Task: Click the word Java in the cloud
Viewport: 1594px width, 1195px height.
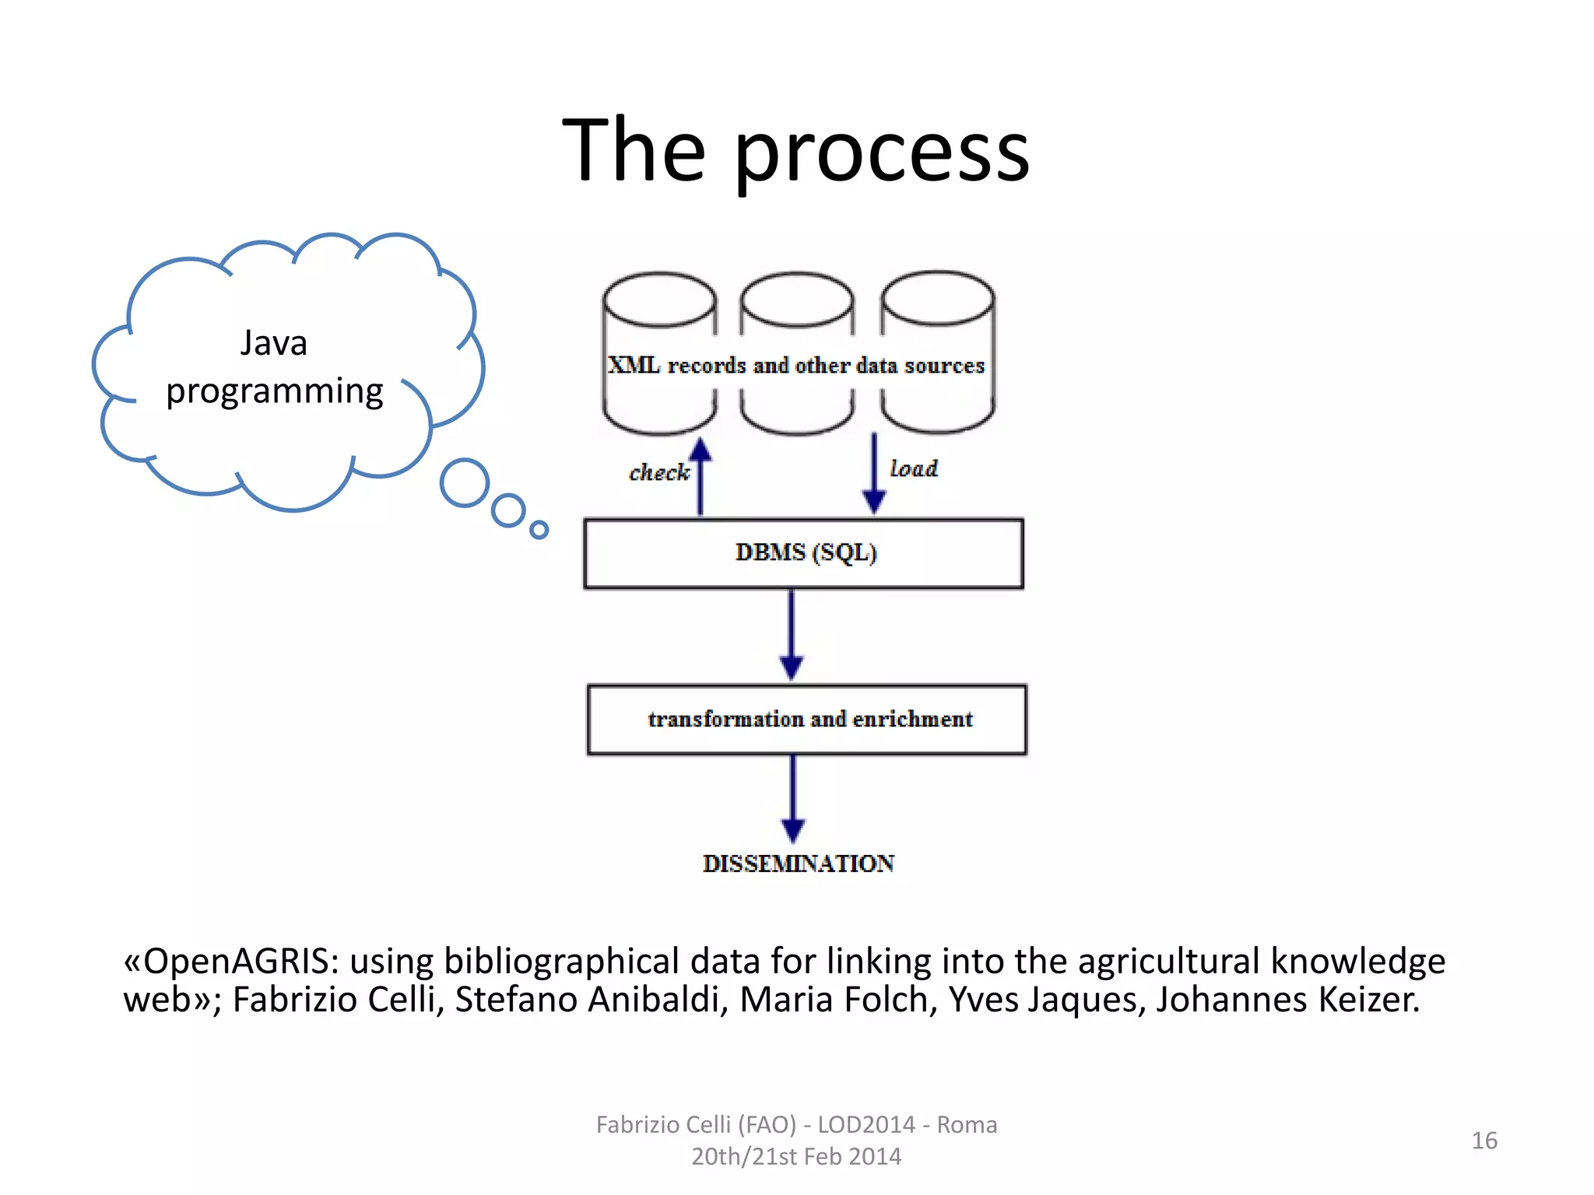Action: click(x=273, y=343)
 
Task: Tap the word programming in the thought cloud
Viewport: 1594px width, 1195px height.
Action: click(x=275, y=391)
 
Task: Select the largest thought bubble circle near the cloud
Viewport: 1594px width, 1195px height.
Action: click(x=465, y=482)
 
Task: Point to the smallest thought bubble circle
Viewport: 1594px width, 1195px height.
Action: click(x=539, y=530)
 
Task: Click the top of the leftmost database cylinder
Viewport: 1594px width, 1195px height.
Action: click(x=659, y=300)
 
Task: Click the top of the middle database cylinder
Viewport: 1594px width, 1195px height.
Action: click(x=796, y=300)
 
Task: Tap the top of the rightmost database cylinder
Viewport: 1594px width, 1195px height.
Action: click(x=937, y=298)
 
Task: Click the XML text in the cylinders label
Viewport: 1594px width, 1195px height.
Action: click(x=634, y=365)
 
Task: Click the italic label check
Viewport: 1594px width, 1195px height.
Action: click(x=658, y=472)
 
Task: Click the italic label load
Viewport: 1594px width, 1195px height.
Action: click(x=914, y=468)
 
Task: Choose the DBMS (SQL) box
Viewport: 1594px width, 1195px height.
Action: click(x=803, y=553)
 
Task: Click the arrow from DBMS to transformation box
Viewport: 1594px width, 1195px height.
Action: click(x=792, y=634)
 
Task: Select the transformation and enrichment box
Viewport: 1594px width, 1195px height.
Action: click(x=807, y=720)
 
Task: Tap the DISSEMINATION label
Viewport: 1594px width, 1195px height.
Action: click(x=798, y=864)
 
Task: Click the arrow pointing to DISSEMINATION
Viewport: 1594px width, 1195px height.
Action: click(x=793, y=798)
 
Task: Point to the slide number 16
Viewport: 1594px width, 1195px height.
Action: click(x=1484, y=1141)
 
